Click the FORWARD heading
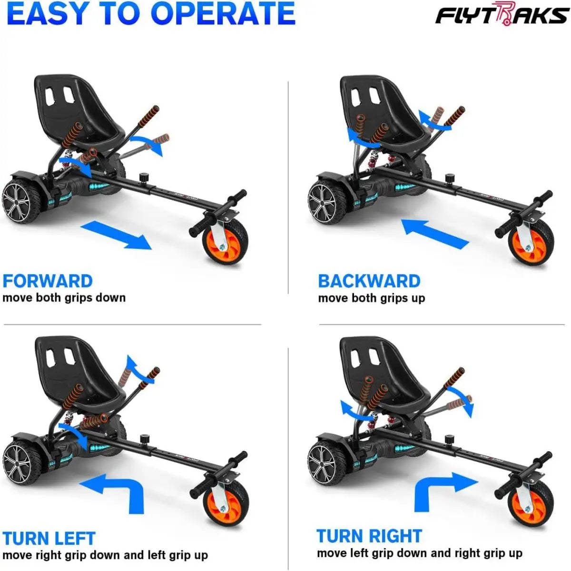48,281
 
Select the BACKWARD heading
369,281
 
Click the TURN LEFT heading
49,538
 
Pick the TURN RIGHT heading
369,536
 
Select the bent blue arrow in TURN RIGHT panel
440,492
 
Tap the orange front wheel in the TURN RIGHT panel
530,502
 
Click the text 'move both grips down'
64,298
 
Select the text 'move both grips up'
371,298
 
